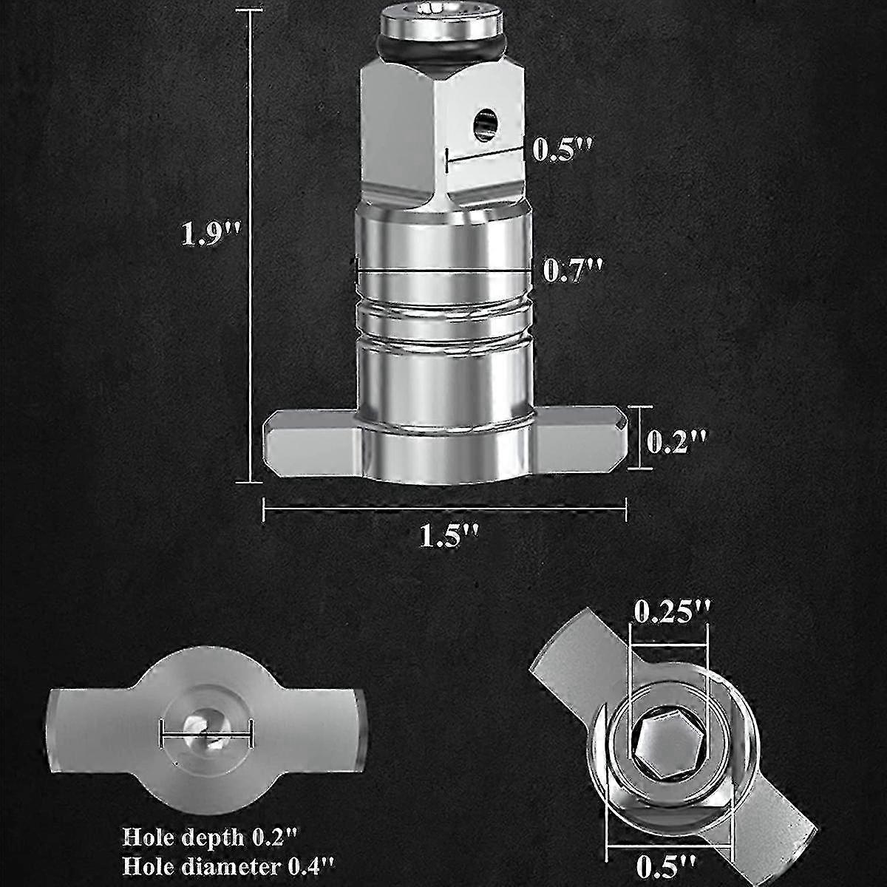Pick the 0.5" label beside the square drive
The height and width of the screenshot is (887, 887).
coord(563,149)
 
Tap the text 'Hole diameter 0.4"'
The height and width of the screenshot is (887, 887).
coord(231,863)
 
